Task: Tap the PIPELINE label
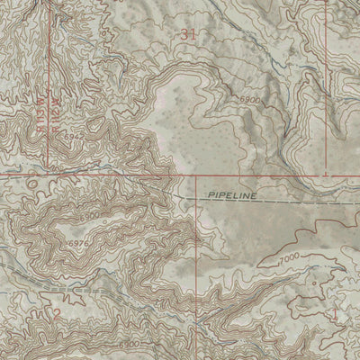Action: (x=231, y=194)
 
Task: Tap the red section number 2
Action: (x=56, y=313)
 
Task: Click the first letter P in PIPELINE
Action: (x=205, y=194)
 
